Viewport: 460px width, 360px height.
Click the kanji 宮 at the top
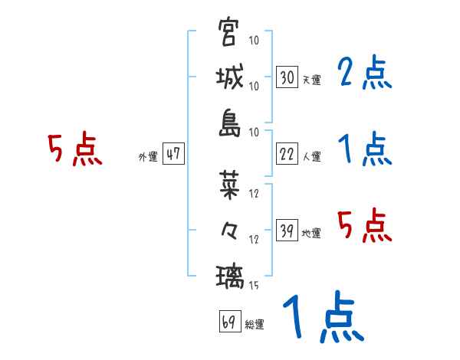point(229,33)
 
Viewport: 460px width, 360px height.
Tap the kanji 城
point(229,78)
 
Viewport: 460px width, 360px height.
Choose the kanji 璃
point(229,275)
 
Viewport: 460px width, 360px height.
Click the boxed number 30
point(287,77)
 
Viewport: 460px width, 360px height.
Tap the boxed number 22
point(287,155)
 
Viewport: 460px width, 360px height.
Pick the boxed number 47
point(172,155)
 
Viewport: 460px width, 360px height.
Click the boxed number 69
point(228,322)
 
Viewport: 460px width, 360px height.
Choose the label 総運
point(255,325)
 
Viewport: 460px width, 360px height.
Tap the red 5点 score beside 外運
point(74,149)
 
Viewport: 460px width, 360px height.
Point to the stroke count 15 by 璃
point(254,286)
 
